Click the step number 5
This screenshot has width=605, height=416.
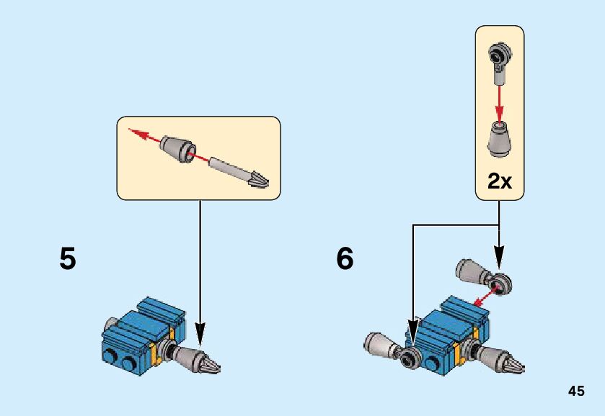68,258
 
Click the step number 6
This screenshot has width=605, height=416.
345,258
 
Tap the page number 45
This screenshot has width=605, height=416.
575,392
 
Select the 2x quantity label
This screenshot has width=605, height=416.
499,181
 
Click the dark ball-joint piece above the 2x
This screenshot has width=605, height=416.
499,55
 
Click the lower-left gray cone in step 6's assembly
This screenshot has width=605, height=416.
379,344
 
